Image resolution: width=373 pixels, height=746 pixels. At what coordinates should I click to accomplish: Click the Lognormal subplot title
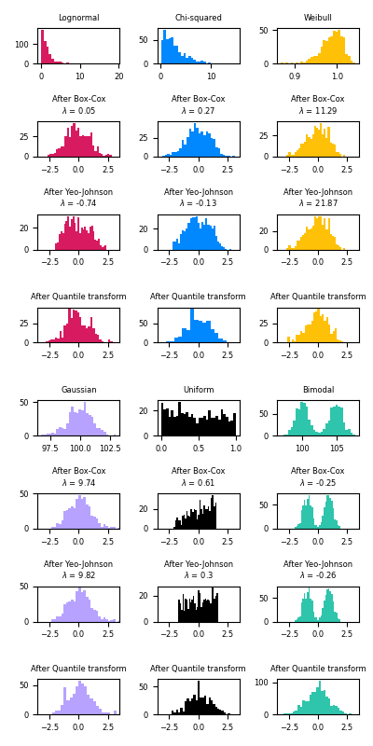pos(78,18)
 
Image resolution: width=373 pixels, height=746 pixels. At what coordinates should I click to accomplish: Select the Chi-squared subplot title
pos(198,18)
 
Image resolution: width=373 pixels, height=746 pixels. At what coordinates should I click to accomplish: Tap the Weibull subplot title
pos(317,18)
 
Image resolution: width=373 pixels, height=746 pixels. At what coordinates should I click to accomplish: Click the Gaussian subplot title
pos(78,390)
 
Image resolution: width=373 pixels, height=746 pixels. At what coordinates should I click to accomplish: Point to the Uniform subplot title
pos(198,390)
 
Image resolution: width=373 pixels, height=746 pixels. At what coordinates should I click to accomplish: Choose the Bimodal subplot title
pos(317,390)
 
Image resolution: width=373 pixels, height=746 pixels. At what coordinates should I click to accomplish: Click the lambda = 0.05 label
pos(78,111)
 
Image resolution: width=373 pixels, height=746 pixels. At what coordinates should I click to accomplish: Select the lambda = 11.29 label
pos(317,111)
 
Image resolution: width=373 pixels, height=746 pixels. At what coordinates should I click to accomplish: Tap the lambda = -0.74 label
pos(78,203)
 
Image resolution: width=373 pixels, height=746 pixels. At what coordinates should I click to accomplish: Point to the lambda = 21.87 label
pos(317,203)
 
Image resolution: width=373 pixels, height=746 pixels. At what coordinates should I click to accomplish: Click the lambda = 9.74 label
pos(78,483)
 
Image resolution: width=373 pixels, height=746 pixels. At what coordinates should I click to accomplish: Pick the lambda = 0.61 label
pos(198,483)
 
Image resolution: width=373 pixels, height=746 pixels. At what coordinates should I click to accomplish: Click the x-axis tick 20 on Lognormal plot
pos(118,75)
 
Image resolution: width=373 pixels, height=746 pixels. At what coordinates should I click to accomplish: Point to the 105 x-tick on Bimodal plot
pos(340,447)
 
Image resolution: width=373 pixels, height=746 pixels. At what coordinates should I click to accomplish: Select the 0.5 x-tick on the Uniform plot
pos(198,447)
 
